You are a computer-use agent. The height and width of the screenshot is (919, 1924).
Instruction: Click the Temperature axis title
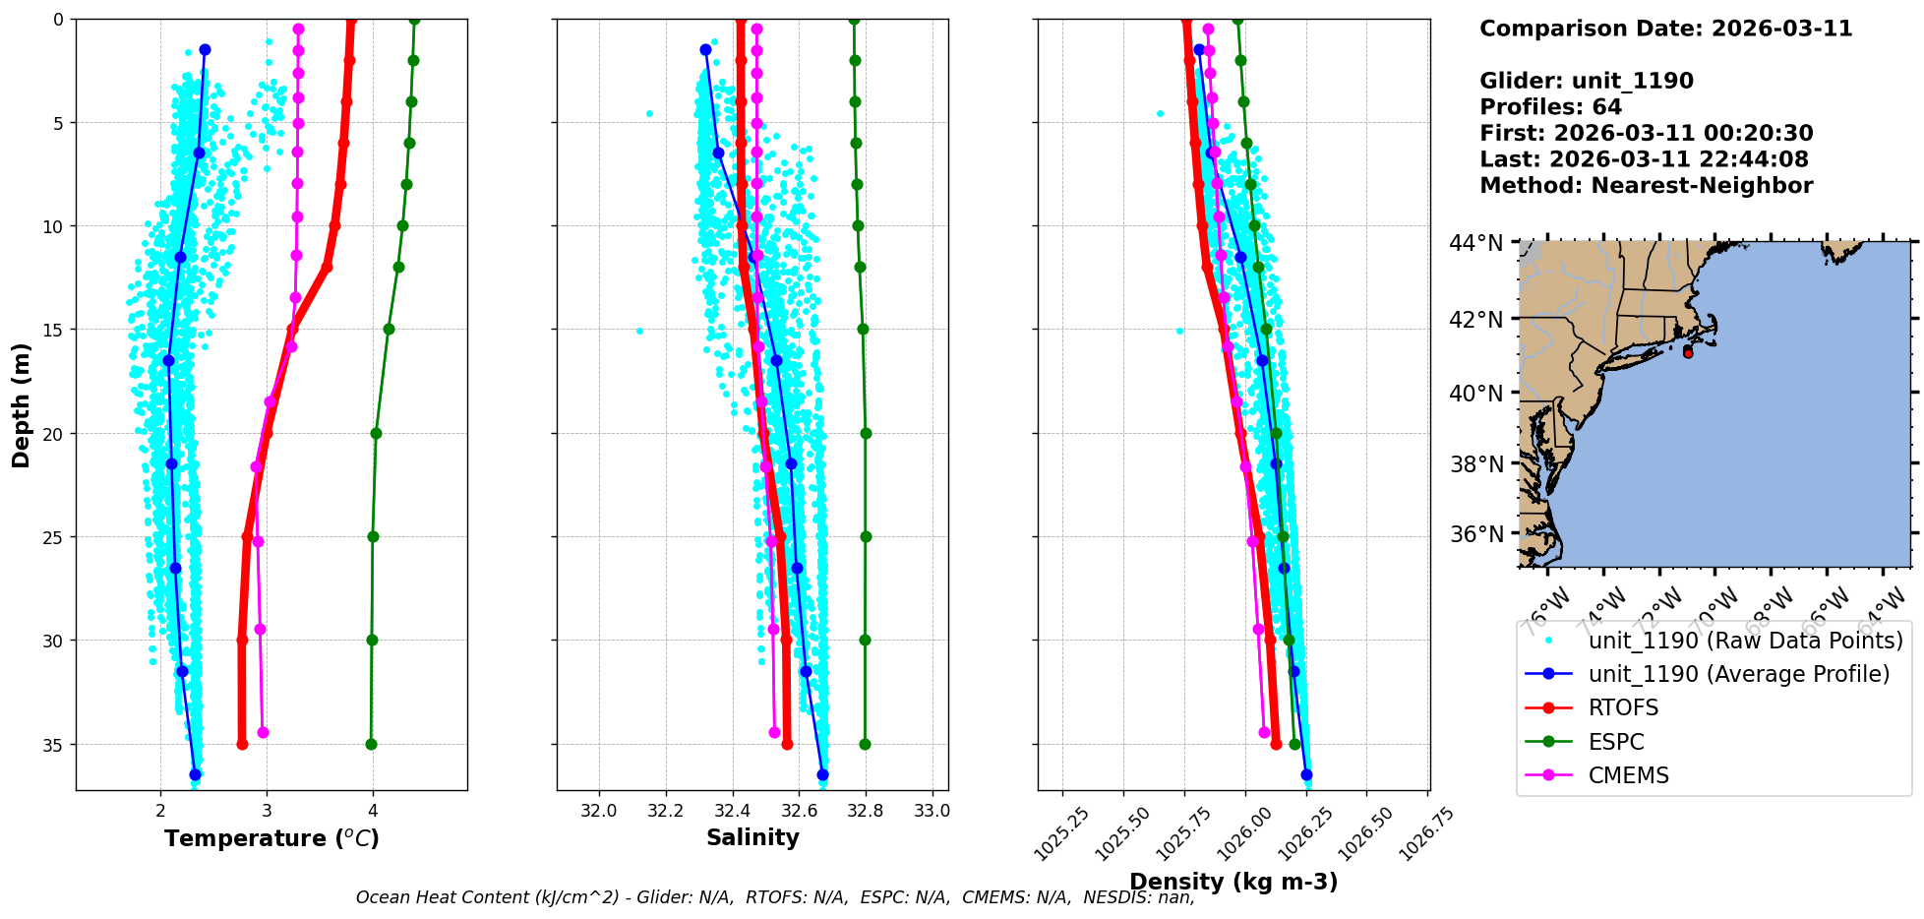[271, 838]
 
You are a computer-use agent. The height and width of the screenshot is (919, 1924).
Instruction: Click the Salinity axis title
[752, 837]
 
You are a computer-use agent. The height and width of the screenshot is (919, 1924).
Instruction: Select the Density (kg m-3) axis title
[1233, 882]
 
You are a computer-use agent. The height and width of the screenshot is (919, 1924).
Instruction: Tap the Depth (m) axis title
[21, 405]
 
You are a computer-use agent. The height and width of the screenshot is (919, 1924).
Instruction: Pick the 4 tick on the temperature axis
[373, 812]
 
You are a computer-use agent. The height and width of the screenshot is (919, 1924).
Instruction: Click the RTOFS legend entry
[1623, 708]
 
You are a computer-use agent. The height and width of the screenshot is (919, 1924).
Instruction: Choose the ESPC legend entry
[1616, 742]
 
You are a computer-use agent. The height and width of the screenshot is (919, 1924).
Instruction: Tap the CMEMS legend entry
[1628, 775]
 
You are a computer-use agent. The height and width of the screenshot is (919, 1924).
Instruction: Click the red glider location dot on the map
[1688, 352]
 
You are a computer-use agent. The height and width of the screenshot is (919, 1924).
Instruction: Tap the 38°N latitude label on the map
[1475, 464]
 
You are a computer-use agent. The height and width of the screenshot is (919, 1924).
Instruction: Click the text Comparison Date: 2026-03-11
[1665, 29]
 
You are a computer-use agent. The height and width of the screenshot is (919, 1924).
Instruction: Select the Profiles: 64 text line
[1550, 107]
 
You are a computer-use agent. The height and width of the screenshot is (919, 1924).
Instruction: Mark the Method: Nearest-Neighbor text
[1646, 186]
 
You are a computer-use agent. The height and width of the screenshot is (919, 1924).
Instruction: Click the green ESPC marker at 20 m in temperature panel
[376, 433]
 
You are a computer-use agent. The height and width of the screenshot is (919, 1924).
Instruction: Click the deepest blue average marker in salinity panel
[822, 774]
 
